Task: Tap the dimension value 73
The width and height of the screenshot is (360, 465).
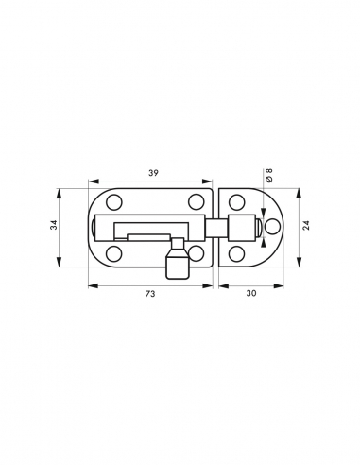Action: click(149, 294)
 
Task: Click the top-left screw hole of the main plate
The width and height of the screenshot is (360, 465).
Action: click(112, 203)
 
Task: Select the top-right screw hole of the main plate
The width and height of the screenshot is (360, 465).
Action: click(195, 203)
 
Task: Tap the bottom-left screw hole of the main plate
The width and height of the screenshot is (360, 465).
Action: click(112, 253)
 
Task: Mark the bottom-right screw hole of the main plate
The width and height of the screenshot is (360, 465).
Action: click(196, 253)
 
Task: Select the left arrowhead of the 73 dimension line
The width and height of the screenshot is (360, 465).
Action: click(92, 284)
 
